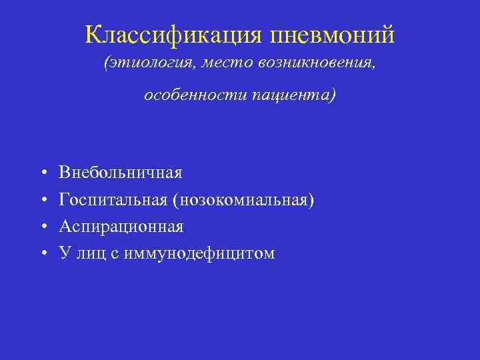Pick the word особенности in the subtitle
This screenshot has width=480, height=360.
194,95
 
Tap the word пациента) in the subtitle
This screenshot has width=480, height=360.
295,95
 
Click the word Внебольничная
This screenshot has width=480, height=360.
120,173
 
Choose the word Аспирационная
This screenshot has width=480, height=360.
121,227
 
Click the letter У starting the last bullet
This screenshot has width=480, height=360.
64,253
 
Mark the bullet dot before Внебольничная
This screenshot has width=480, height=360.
42,173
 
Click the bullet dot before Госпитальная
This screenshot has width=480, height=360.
42,200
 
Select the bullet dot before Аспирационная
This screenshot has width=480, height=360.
42,227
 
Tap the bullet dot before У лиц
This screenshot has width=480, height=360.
42,253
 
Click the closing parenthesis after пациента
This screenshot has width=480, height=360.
333,95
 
